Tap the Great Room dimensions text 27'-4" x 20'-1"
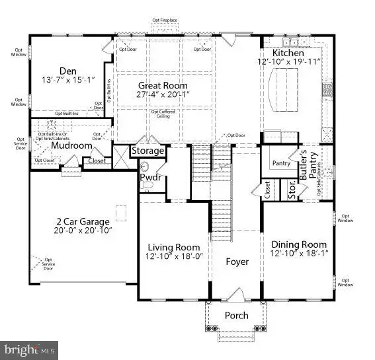click(x=163, y=95)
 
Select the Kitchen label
click(x=288, y=53)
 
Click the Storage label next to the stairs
click(x=147, y=151)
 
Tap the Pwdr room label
click(x=147, y=178)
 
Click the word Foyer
click(x=237, y=262)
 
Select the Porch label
click(x=236, y=315)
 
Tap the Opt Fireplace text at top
click(x=165, y=20)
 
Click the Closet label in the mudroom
click(x=97, y=161)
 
